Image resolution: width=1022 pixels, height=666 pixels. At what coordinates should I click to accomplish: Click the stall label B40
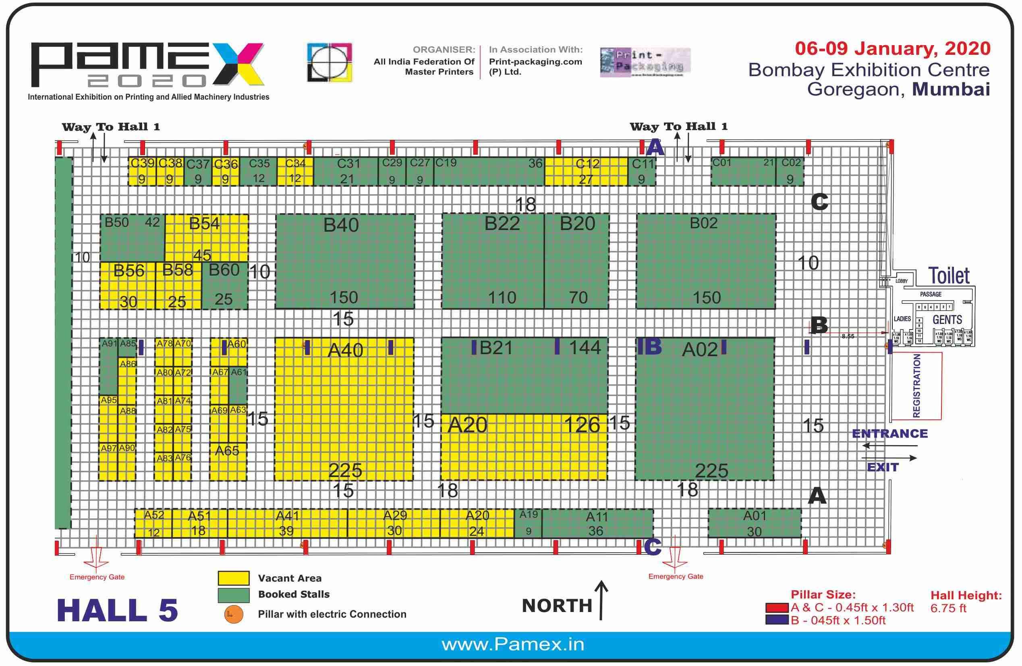(x=341, y=225)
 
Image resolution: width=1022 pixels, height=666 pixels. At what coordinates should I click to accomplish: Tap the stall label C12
(x=587, y=164)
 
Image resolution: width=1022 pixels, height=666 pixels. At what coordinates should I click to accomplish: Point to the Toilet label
(x=949, y=276)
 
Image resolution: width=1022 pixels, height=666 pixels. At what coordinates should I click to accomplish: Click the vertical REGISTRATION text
(x=916, y=386)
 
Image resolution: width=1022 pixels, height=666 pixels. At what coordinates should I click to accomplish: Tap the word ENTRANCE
(x=889, y=434)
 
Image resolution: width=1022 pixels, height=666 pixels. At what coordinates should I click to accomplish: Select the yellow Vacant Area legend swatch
(x=233, y=578)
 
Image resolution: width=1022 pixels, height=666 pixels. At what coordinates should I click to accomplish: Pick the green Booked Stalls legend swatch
(x=233, y=595)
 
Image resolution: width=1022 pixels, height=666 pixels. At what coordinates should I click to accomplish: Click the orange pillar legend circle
(x=233, y=614)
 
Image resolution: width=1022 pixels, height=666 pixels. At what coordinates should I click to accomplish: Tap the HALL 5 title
(x=117, y=610)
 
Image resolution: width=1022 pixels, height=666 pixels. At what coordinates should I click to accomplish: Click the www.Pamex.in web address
(x=513, y=645)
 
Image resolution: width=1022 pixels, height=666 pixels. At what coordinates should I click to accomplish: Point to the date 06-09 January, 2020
(x=892, y=48)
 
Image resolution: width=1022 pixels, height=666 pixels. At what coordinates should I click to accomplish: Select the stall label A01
(x=754, y=515)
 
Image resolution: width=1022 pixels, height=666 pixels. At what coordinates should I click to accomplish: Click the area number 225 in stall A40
(x=345, y=471)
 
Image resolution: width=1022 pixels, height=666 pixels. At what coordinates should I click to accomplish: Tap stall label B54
(x=204, y=224)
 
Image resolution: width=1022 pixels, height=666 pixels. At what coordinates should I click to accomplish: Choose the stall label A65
(x=227, y=451)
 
